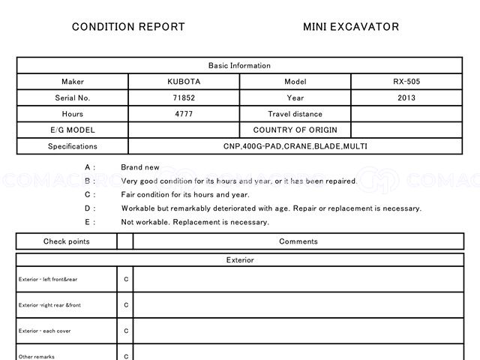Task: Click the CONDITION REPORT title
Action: tap(128, 27)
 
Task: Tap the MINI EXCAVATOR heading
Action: tap(351, 27)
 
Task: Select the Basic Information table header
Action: tap(239, 66)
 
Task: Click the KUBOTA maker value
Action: tap(184, 82)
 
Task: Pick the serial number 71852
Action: tap(184, 97)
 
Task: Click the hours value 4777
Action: tap(184, 114)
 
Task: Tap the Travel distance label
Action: tap(295, 114)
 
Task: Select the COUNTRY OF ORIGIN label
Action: tap(295, 130)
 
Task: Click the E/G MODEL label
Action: tap(73, 130)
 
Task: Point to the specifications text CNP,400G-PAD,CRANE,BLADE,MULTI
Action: tap(295, 146)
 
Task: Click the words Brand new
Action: tap(140, 167)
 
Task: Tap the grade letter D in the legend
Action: tap(88, 208)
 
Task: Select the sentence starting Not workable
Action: tap(195, 222)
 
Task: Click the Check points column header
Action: tap(66, 241)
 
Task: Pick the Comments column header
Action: tap(298, 241)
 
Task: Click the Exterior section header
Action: tap(239, 260)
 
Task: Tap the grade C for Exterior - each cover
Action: tap(126, 331)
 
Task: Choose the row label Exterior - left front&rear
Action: tap(48, 280)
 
